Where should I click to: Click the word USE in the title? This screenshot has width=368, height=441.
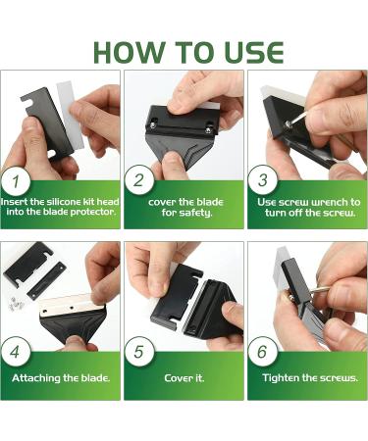tap(254, 53)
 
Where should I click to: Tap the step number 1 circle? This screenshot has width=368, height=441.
tap(16, 180)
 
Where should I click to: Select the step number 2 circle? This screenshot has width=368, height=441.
tap(138, 180)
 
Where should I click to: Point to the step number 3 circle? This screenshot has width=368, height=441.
tap(262, 180)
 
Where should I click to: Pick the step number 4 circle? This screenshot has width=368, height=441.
tap(16, 352)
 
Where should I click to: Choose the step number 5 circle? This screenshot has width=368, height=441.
tap(138, 352)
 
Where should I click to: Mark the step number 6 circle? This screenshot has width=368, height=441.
tap(262, 352)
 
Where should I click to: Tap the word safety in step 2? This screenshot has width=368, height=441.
tap(195, 214)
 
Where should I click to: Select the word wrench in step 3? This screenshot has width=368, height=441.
tap(329, 202)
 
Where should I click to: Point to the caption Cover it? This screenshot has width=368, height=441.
tap(184, 378)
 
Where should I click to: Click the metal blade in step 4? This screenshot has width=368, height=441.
tap(72, 306)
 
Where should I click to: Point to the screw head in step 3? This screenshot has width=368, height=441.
tap(288, 123)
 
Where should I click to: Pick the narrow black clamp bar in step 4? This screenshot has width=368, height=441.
tap(46, 280)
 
